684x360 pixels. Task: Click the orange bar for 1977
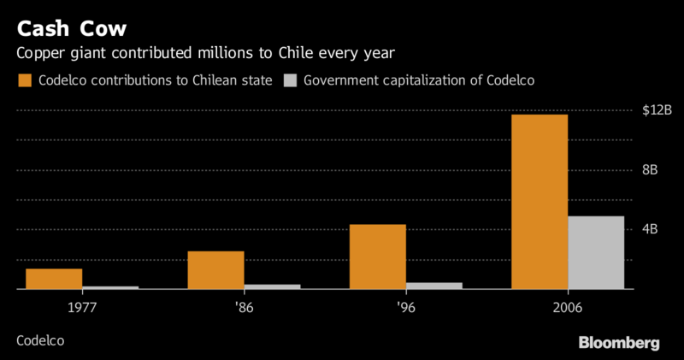point(54,280)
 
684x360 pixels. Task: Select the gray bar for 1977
point(110,288)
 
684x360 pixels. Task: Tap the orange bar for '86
point(215,270)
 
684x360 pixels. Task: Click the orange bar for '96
point(377,257)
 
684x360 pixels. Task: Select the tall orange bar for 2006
point(540,202)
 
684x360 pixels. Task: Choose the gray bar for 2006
point(596,253)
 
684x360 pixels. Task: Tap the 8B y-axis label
point(650,169)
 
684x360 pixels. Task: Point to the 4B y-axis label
point(650,229)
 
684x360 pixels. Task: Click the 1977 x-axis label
point(82,306)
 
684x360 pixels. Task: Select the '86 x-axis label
point(244,306)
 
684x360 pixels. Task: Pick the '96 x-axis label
point(405,306)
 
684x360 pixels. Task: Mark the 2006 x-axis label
point(568,306)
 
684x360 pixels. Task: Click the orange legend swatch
point(24,80)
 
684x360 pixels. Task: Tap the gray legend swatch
point(292,80)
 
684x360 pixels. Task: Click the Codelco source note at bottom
point(40,340)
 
